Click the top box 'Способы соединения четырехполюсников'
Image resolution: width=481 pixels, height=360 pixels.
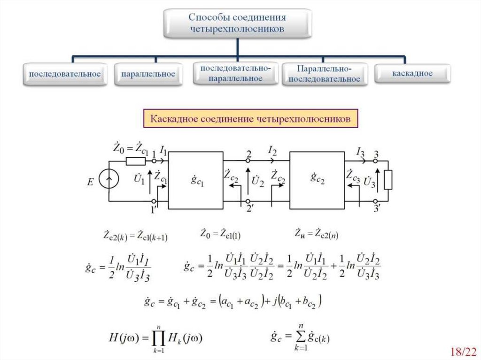pos(237,23)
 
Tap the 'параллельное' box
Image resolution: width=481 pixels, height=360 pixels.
pos(148,75)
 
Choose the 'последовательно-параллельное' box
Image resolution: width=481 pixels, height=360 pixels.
pos(235,74)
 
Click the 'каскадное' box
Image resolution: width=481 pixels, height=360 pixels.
pos(412,74)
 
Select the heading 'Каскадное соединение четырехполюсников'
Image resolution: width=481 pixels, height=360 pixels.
pos(250,119)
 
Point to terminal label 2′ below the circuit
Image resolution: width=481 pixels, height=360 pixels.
pos(250,210)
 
